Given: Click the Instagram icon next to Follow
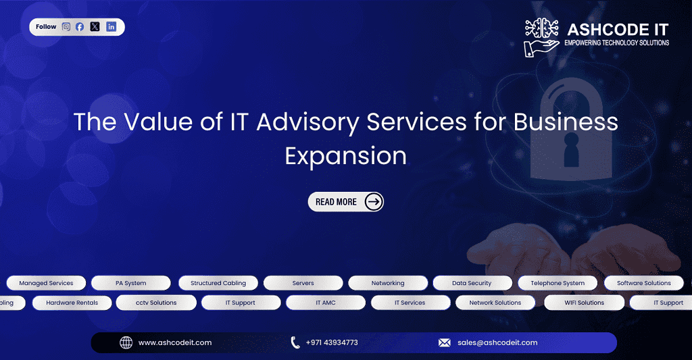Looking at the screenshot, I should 66,27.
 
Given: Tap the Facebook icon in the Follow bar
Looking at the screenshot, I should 80,27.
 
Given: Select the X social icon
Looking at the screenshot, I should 95,27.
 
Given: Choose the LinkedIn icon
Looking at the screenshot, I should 111,27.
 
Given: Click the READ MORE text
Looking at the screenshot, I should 336,202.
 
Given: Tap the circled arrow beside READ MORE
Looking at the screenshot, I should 373,201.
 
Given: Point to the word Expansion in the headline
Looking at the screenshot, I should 345,155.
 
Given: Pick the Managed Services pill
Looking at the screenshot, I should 46,283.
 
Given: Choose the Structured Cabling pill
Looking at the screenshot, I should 218,283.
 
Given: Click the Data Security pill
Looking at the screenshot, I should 472,283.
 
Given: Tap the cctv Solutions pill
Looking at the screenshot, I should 156,303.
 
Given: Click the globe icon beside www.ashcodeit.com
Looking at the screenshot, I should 126,342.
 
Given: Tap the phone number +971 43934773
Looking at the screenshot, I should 331,342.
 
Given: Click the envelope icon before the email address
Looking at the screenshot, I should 444,342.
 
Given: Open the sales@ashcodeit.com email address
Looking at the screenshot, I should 497,342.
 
